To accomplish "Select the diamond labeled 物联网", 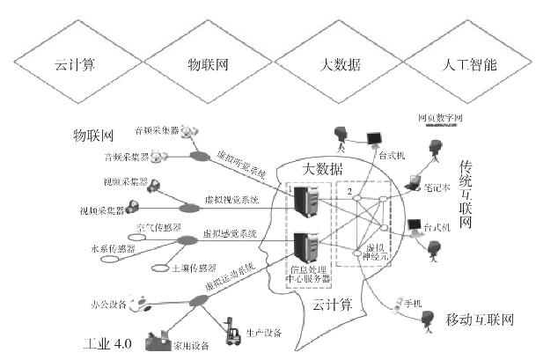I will point(208,65).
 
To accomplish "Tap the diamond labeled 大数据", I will point(341,65).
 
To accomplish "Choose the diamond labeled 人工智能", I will point(473,65).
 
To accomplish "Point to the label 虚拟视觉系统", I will point(231,201).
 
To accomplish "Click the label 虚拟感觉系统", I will point(230,234).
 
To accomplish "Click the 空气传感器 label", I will point(158,227).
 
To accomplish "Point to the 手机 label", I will point(409,305).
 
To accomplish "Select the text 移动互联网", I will point(480,319).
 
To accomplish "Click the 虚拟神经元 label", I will point(376,253).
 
